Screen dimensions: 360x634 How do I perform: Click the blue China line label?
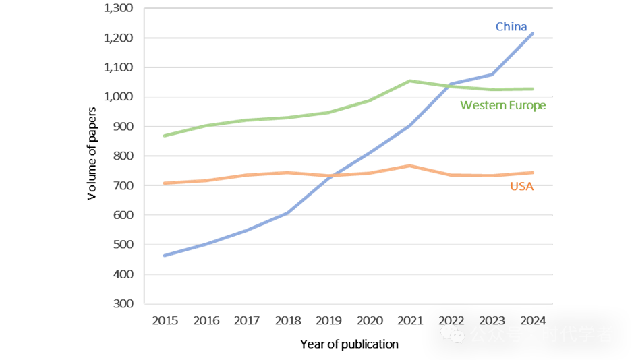tap(511, 27)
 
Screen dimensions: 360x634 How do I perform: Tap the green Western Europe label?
tap(502, 105)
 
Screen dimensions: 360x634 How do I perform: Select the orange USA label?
tap(521, 187)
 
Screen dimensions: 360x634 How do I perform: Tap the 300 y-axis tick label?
tap(124, 304)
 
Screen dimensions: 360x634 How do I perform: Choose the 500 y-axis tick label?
tap(124, 245)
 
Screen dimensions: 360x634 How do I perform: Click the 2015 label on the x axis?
tap(165, 321)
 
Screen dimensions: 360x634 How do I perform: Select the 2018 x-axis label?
tap(288, 321)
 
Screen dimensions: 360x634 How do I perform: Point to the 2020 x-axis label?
tap(370, 321)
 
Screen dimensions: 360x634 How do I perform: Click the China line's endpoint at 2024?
tap(533, 33)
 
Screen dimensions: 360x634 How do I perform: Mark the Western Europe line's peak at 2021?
tap(410, 81)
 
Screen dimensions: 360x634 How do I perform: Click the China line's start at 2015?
tap(165, 256)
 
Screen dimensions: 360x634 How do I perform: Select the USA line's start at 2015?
tap(165, 183)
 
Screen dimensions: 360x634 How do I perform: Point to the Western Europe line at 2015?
tap(165, 136)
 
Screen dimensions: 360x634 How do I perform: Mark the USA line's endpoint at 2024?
tap(533, 173)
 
